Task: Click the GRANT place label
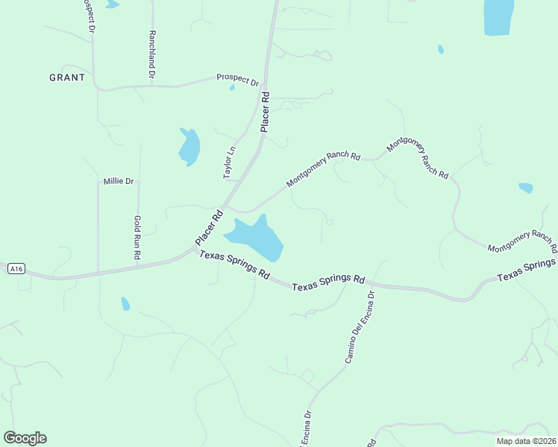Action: (67, 77)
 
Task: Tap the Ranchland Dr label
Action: (151, 54)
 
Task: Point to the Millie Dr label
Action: (118, 181)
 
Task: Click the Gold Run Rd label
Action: (138, 238)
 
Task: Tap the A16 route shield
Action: (16, 268)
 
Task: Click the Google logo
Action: (25, 438)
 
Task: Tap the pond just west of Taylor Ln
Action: (189, 147)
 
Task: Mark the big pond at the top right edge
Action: (498, 16)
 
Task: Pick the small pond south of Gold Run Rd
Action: (125, 304)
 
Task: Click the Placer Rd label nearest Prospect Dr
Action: (265, 112)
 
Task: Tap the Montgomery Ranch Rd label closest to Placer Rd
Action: (323, 170)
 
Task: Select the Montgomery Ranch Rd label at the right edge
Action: (522, 241)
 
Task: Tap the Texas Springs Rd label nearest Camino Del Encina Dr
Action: (328, 283)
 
